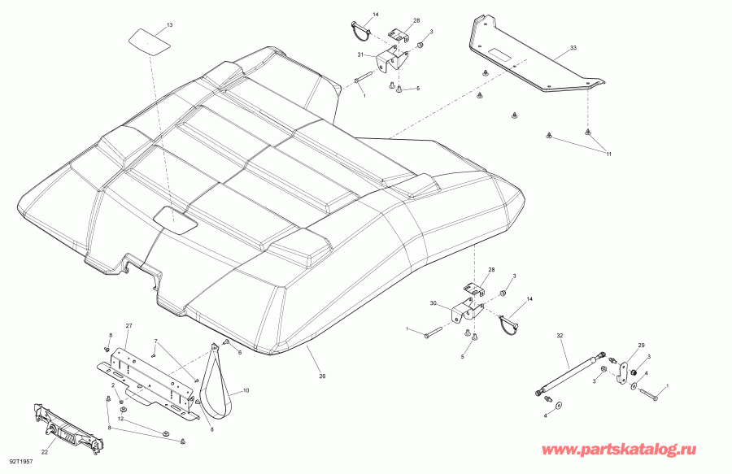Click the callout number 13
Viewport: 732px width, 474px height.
click(169, 26)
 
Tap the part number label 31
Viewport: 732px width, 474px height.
click(360, 54)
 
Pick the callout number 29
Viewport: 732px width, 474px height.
click(640, 346)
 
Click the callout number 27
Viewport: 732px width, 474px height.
click(128, 326)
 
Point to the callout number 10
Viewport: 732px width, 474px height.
click(247, 391)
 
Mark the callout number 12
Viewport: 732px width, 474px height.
click(120, 419)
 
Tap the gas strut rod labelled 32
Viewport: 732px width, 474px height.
click(569, 373)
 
